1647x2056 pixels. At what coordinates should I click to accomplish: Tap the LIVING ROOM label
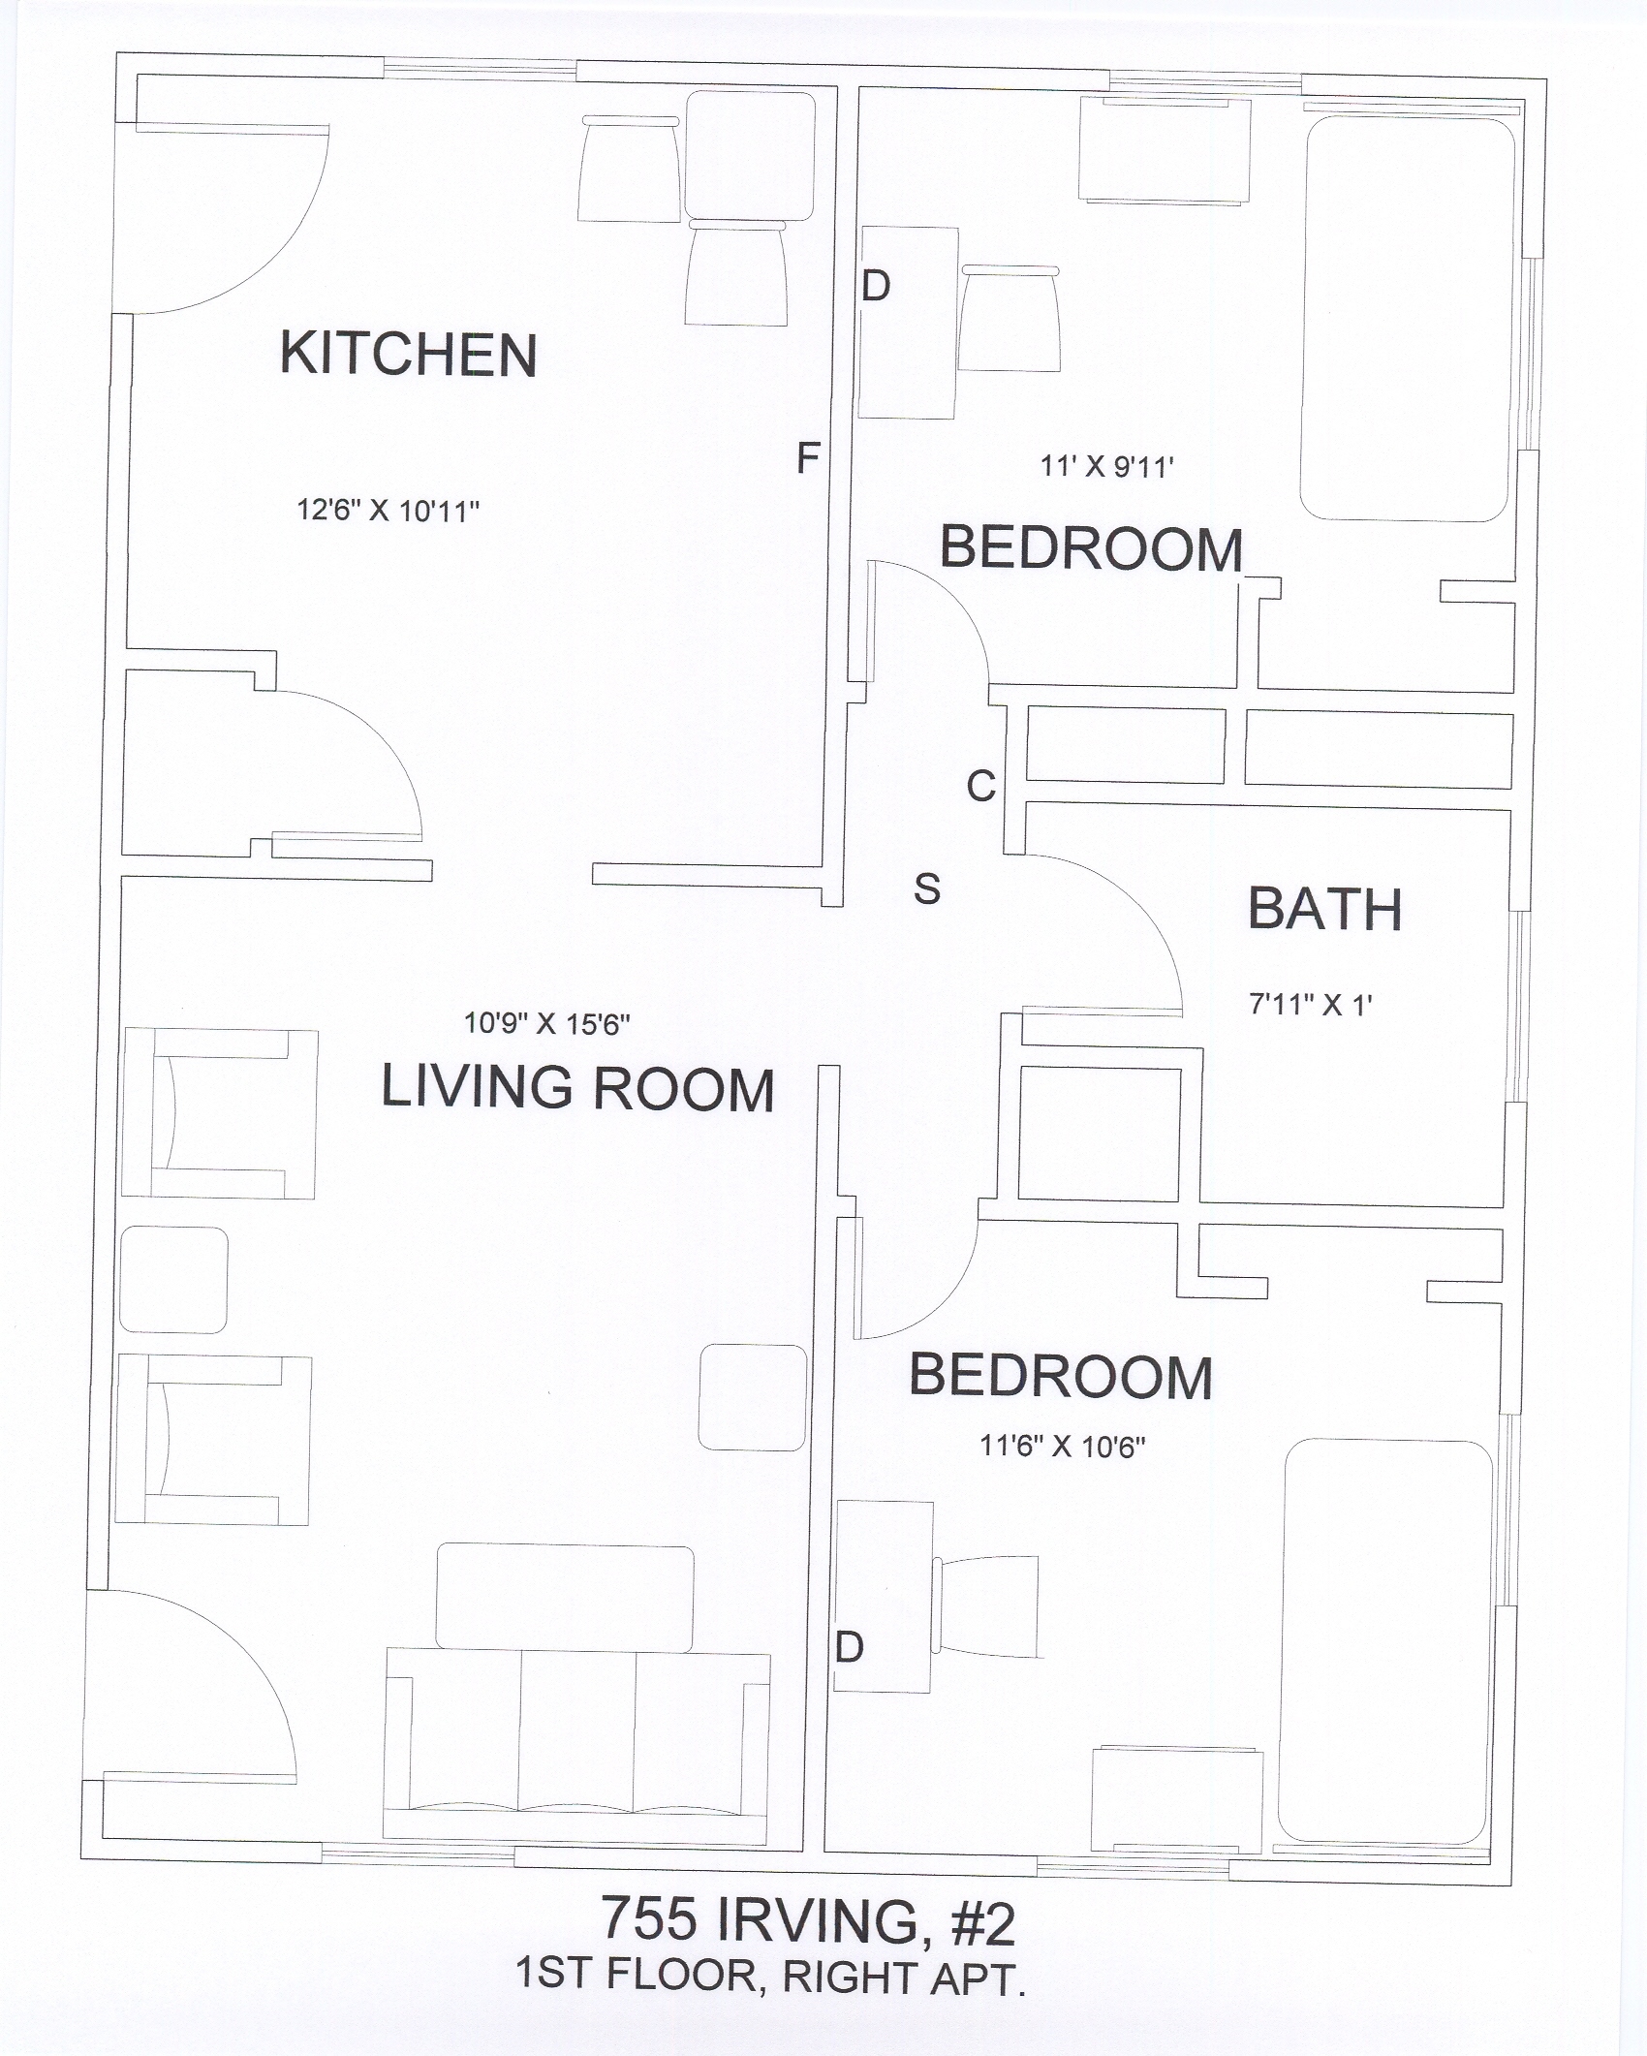(577, 1087)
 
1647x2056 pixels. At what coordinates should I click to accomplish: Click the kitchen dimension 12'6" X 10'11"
(388, 511)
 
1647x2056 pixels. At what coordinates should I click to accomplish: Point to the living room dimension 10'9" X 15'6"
(547, 1023)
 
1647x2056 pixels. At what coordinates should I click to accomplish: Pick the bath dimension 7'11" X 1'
(1311, 1005)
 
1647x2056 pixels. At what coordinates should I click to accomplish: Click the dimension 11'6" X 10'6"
(1063, 1447)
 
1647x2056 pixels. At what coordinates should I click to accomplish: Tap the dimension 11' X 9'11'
(1107, 466)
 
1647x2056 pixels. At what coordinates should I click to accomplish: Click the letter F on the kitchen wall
(808, 457)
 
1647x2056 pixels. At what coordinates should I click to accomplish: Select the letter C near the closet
(980, 786)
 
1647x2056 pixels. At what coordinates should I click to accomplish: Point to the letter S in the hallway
(927, 888)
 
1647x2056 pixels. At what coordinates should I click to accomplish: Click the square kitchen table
(751, 155)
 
